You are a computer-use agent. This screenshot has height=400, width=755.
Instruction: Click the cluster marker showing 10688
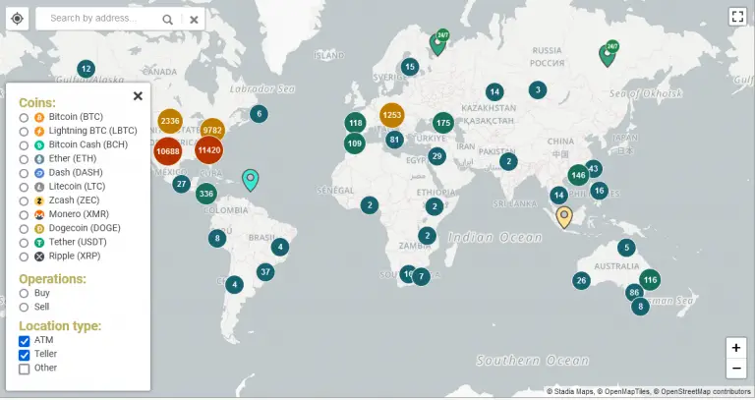pos(168,150)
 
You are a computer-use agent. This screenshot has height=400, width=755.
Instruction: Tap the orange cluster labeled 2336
pos(170,122)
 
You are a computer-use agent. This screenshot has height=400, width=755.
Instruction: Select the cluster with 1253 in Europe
pos(392,115)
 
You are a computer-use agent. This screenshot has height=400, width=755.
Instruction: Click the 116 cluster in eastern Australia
pos(649,280)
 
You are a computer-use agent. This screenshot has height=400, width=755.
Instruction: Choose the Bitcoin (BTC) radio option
pos(24,116)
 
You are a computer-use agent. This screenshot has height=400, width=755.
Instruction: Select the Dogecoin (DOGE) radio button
pos(24,228)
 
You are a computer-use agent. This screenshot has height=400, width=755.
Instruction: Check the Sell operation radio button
pos(24,307)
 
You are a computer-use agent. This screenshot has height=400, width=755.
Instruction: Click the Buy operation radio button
pos(24,293)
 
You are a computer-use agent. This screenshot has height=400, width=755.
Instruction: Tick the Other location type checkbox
pos(25,369)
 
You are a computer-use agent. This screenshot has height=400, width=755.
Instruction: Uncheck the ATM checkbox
pos(25,340)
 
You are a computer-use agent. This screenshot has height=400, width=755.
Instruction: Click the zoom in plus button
pos(735,348)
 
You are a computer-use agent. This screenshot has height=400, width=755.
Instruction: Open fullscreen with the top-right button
pos(738,16)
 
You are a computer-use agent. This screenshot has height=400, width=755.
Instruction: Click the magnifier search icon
pos(168,19)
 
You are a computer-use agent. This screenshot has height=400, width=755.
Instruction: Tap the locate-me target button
pos(17,19)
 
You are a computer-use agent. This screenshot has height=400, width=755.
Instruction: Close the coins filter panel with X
pos(138,96)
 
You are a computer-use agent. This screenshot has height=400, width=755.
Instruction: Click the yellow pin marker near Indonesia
pos(564,216)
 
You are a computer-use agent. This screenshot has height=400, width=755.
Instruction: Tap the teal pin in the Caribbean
pos(251,179)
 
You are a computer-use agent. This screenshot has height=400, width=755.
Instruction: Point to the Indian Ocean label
pos(494,237)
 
